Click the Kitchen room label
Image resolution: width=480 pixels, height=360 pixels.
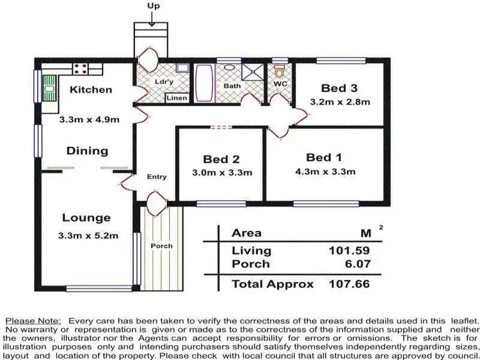91,90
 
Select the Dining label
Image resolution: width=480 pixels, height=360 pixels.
88,151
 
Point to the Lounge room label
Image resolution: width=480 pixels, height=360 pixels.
86,218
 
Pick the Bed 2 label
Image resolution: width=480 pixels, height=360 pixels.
221,159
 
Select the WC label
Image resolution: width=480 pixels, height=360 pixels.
280,84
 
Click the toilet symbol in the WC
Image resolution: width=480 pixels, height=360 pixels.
279,71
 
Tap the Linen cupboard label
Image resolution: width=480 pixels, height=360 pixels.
176,98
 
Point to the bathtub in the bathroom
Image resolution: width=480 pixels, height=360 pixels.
204,84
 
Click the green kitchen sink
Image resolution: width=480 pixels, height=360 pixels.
49,88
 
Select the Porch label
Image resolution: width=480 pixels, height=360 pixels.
161,246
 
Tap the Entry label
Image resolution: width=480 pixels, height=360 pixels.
156,177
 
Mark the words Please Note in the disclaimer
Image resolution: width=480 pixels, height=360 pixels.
33,320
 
